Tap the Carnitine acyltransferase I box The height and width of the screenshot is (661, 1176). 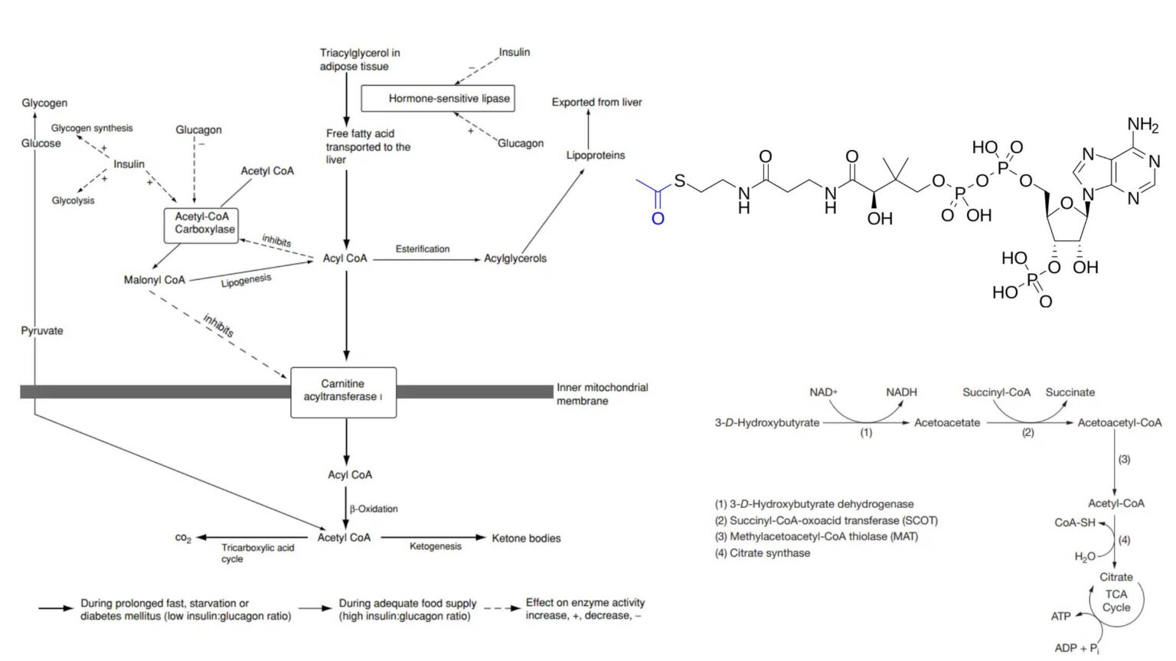[x=343, y=391]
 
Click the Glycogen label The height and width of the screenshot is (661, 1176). [x=44, y=103]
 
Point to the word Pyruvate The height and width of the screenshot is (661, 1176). [x=42, y=331]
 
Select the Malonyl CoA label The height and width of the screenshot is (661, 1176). [x=154, y=280]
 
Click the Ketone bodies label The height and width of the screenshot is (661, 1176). [x=526, y=539]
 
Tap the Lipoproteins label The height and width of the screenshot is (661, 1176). [x=595, y=155]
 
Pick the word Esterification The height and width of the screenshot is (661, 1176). [x=423, y=249]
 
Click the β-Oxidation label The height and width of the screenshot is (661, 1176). [x=374, y=509]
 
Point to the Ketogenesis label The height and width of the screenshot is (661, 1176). [x=435, y=546]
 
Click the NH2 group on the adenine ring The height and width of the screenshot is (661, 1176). [x=1142, y=125]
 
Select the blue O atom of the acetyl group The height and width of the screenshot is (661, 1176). [x=657, y=219]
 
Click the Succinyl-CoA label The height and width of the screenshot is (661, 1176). [x=996, y=392]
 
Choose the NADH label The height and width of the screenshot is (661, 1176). [x=901, y=392]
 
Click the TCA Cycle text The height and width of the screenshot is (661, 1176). [x=1116, y=601]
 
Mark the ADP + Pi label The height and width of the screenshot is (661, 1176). [x=1076, y=648]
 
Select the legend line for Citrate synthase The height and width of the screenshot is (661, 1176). [x=763, y=553]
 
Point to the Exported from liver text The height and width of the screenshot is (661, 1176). [x=596, y=103]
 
